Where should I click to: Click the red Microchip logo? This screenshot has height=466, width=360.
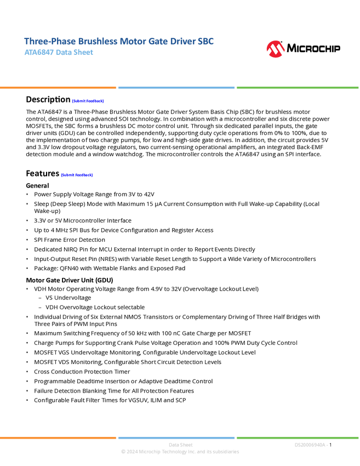(x=275, y=49)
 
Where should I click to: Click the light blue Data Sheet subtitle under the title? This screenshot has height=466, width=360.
(x=59, y=53)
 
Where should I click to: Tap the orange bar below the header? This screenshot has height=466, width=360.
(x=58, y=88)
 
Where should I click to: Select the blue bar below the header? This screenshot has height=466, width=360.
(x=176, y=88)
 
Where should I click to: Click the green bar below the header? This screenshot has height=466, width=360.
(x=298, y=88)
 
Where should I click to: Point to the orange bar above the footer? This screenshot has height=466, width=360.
(x=58, y=437)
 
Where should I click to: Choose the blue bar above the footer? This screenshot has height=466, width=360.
(x=176, y=437)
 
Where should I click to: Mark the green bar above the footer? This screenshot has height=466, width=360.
(x=298, y=437)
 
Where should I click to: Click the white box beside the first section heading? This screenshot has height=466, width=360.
(x=13, y=99)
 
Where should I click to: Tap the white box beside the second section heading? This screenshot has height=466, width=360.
(x=13, y=173)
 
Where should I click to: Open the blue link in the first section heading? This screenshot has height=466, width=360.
(x=88, y=101)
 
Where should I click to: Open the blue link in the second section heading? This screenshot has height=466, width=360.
(x=77, y=175)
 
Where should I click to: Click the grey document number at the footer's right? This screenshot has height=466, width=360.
(x=311, y=445)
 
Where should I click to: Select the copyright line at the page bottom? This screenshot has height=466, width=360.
(x=180, y=452)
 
